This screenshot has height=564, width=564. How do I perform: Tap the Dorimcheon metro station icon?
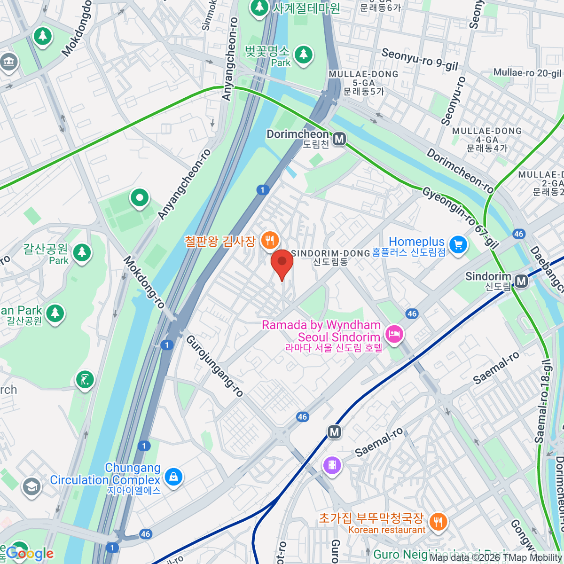click(339, 139)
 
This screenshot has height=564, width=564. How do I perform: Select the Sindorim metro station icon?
click(521, 281)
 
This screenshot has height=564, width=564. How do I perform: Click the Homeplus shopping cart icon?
click(458, 244)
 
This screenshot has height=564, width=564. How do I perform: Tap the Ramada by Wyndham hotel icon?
click(394, 334)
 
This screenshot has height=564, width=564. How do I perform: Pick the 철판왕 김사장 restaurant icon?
click(269, 241)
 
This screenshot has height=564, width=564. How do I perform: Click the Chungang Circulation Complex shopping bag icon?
click(173, 477)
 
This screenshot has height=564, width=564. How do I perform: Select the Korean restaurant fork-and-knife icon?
click(438, 521)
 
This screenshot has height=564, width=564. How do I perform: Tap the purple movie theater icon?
click(332, 465)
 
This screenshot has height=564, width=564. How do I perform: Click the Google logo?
click(30, 554)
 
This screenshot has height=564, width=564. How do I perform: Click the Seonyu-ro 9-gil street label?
click(419, 60)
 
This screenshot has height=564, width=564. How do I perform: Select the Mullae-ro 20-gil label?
click(527, 73)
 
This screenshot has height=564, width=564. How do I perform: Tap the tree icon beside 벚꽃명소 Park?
click(304, 54)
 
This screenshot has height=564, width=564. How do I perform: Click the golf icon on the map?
click(85, 379)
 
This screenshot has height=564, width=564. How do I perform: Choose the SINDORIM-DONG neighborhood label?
click(331, 253)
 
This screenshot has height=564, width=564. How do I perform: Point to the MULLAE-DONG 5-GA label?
click(363, 78)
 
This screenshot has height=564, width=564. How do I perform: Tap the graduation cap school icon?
click(31, 486)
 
